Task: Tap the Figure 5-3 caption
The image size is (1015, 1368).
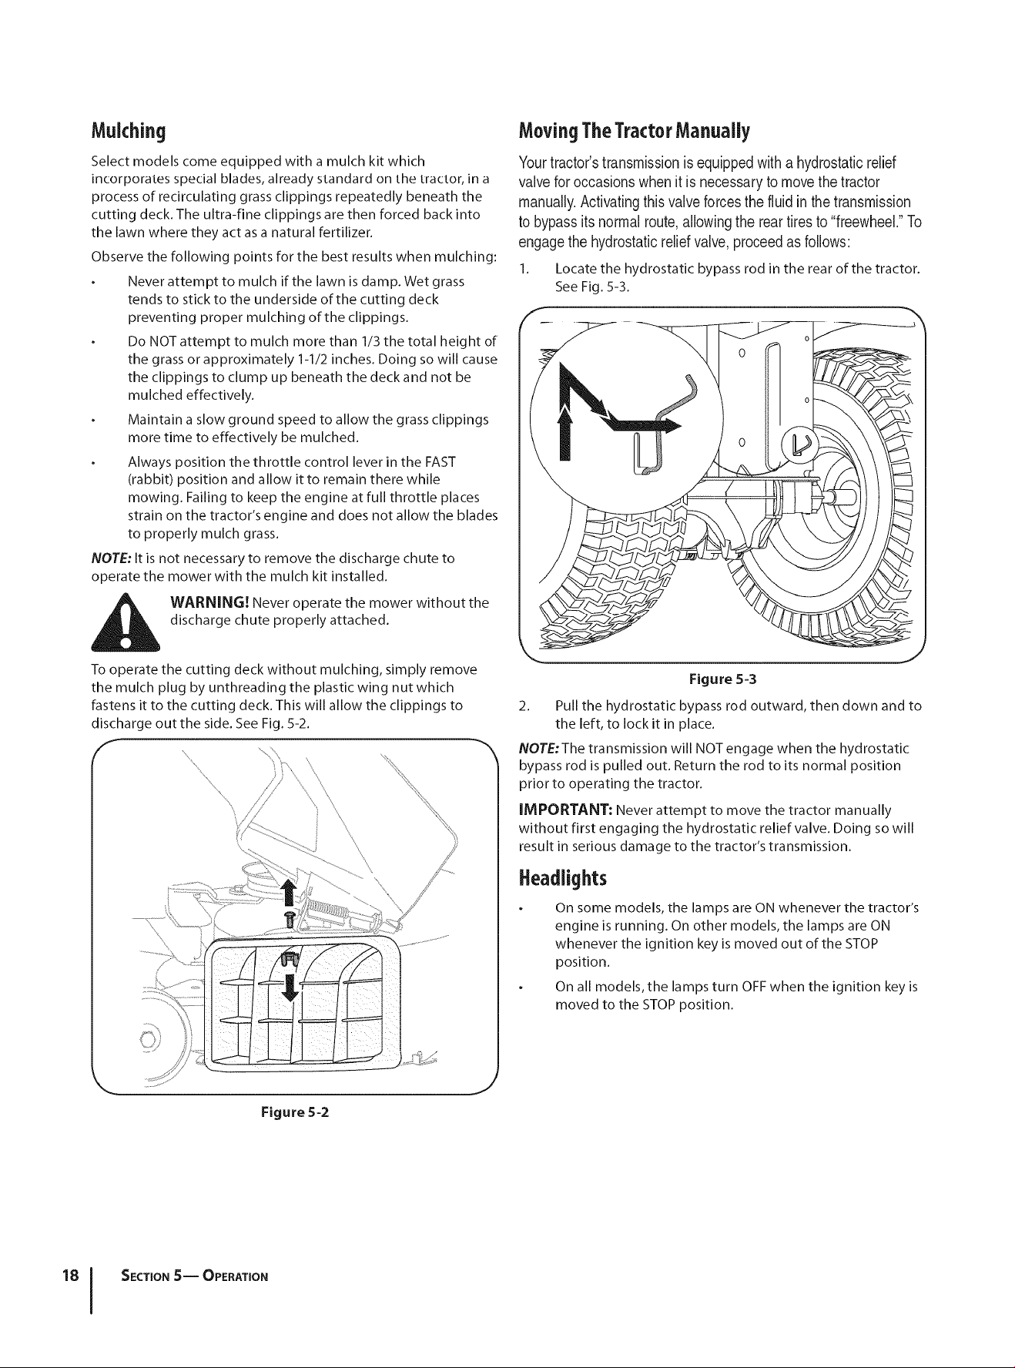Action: tap(722, 679)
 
